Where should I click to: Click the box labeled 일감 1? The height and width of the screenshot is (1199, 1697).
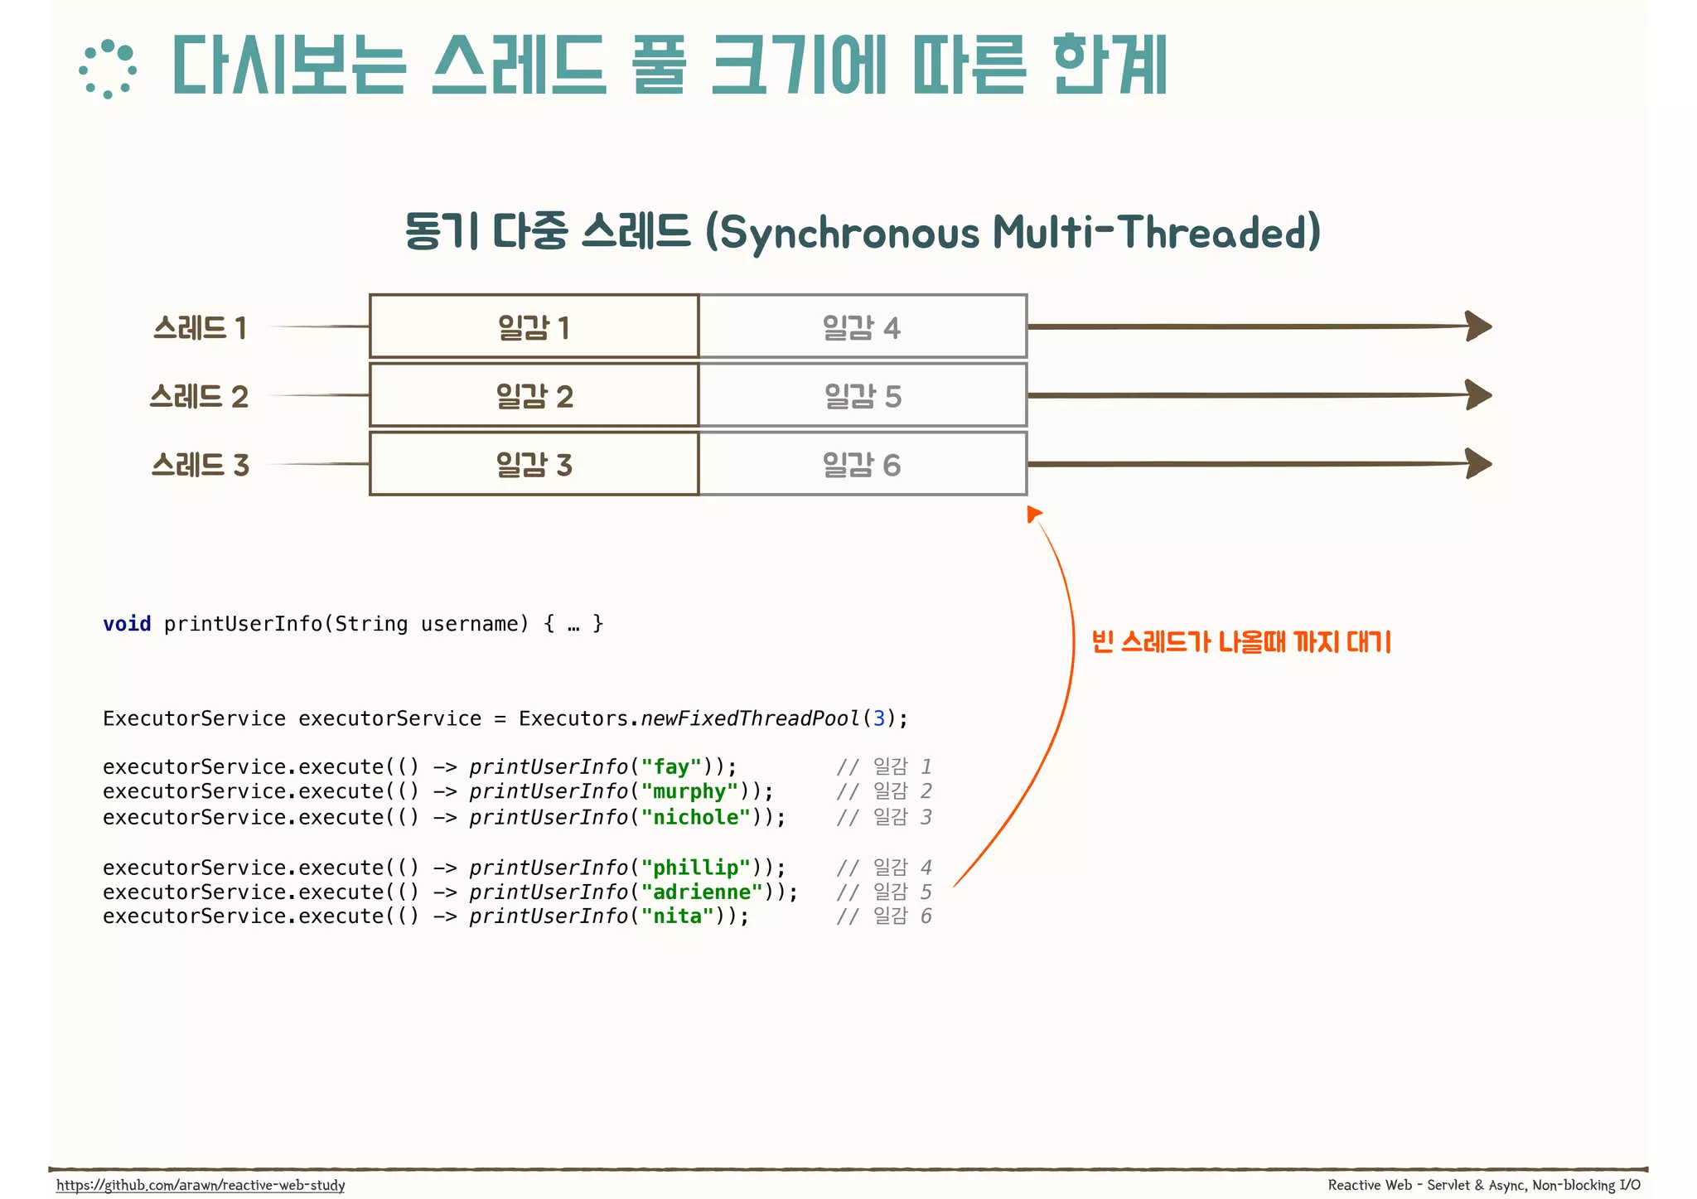click(534, 326)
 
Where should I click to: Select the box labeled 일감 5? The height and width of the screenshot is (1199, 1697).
click(863, 395)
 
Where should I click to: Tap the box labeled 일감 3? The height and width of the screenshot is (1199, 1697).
click(534, 464)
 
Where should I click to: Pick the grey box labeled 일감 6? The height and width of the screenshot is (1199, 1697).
click(863, 464)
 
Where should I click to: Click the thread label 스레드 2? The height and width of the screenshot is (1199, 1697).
click(199, 396)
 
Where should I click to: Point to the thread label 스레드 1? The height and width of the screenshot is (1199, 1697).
click(200, 327)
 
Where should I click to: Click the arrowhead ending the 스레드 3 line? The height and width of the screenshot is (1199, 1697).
click(1478, 463)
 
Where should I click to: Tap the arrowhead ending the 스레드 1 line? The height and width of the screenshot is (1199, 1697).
click(1478, 326)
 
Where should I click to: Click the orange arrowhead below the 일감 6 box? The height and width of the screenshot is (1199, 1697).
click(1033, 515)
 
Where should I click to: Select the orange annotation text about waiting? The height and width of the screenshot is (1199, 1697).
click(1240, 641)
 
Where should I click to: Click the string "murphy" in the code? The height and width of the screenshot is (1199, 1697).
click(689, 791)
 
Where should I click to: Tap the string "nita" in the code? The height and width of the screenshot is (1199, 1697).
click(678, 916)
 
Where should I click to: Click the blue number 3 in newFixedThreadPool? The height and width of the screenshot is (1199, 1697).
click(878, 718)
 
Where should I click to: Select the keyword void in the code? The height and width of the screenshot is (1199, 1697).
click(127, 624)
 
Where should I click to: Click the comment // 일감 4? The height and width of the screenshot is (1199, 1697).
click(884, 868)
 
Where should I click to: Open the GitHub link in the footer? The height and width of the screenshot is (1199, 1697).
click(201, 1185)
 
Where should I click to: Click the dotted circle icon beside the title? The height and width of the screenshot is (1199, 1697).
click(108, 69)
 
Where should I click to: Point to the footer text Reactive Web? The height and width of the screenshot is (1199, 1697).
click(1369, 1185)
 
